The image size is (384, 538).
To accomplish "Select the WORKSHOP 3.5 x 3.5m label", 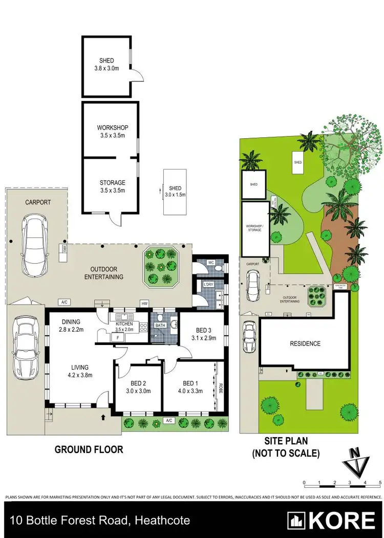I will tap(112, 132).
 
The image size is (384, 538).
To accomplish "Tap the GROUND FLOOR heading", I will tap(89, 449).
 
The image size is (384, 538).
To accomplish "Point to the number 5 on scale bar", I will tap(380, 483).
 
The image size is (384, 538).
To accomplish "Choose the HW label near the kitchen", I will tap(144, 304).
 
